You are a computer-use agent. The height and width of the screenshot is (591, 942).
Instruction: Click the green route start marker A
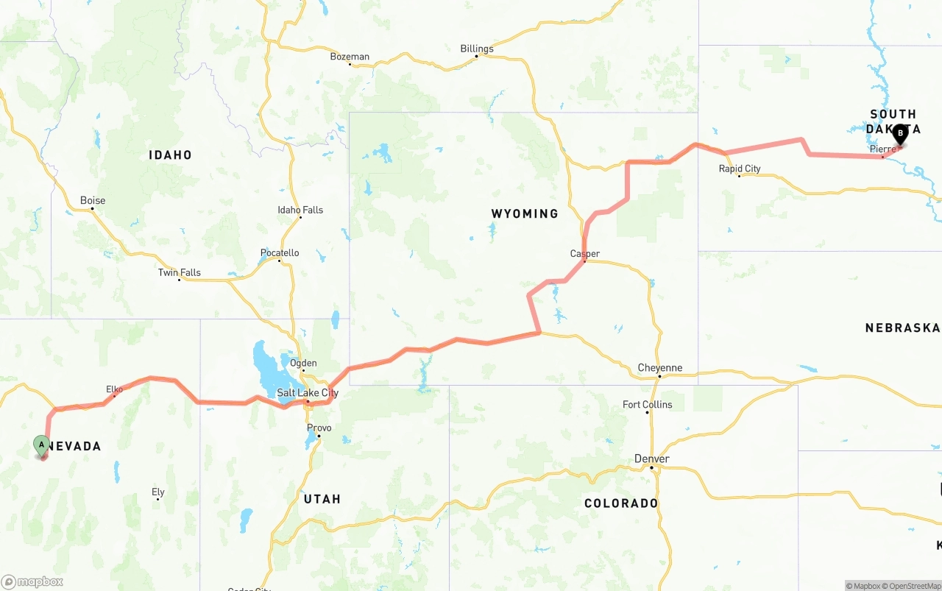pos(42,445)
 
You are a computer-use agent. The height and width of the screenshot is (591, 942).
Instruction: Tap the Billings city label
pos(477,49)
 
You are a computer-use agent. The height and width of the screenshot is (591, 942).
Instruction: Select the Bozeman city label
pos(350,57)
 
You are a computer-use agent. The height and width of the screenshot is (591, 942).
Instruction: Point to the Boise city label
pos(93,200)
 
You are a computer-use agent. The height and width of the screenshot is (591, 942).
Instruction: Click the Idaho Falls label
pos(300,210)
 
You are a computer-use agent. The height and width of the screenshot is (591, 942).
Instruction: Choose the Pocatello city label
pos(280,253)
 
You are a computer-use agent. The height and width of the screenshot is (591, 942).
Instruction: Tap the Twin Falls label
pos(179,273)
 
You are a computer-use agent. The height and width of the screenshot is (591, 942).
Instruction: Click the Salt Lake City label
pos(308,393)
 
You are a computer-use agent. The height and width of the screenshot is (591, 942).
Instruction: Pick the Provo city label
pos(319,428)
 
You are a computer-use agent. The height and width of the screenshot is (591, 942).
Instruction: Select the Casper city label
pos(585,254)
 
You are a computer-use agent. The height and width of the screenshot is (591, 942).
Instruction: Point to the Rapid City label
pos(740,169)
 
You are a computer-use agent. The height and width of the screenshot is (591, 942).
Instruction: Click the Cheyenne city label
pos(660,368)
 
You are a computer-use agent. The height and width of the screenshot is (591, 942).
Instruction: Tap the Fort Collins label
pos(648,405)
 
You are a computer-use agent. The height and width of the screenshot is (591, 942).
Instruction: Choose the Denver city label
pos(652,459)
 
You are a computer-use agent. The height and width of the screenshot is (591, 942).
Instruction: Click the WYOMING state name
pos(525,213)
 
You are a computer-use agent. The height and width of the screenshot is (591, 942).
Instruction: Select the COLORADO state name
pos(621,503)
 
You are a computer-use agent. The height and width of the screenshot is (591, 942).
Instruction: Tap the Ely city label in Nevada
pos(158,492)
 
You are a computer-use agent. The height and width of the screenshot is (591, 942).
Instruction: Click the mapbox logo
pos(32,581)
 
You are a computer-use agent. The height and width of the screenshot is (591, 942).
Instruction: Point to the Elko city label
pos(114,389)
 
